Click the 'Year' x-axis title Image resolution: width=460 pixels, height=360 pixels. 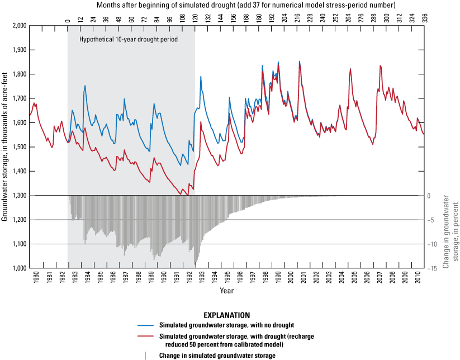pyautogui.click(x=226, y=291)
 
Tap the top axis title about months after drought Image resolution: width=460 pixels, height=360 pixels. pyautogui.click(x=246, y=5)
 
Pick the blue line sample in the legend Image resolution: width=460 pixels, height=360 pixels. pyautogui.click(x=146, y=325)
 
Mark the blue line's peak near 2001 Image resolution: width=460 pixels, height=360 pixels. pyautogui.click(x=299, y=61)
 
